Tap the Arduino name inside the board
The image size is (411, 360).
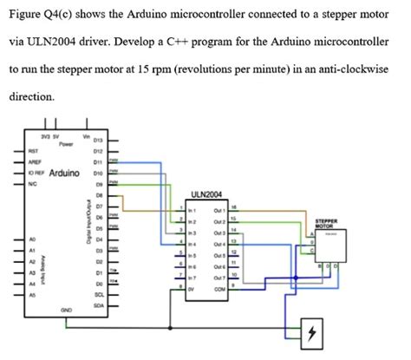[x=65, y=173]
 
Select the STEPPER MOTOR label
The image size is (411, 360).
[x=327, y=223]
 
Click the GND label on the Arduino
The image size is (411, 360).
[x=66, y=310]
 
